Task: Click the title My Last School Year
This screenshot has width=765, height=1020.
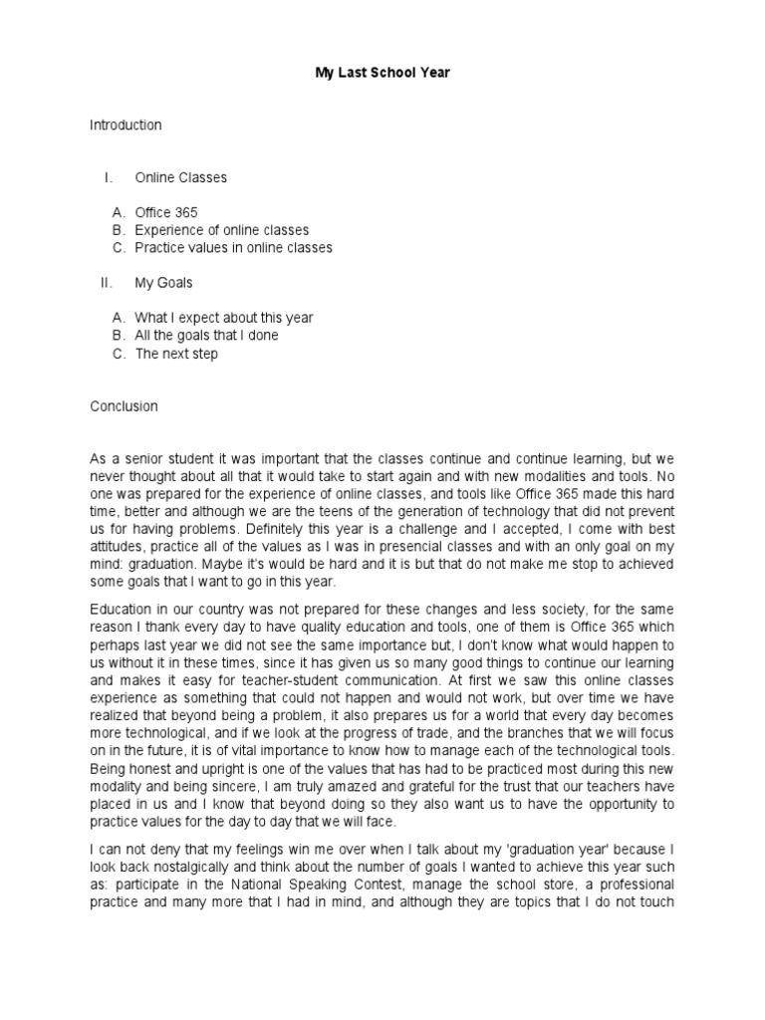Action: coord(383,74)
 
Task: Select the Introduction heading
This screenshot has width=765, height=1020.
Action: coord(126,126)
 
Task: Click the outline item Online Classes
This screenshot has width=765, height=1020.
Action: coord(180,177)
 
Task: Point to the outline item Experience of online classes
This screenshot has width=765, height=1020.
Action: coord(221,230)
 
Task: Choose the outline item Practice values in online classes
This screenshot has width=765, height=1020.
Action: coord(233,247)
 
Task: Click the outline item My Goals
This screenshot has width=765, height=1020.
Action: coord(163,283)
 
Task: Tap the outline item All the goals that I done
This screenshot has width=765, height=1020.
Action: coord(206,336)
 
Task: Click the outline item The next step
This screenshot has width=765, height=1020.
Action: coord(176,354)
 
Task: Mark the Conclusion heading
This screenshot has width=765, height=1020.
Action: coord(124,406)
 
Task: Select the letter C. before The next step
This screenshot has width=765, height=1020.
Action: coord(119,354)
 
